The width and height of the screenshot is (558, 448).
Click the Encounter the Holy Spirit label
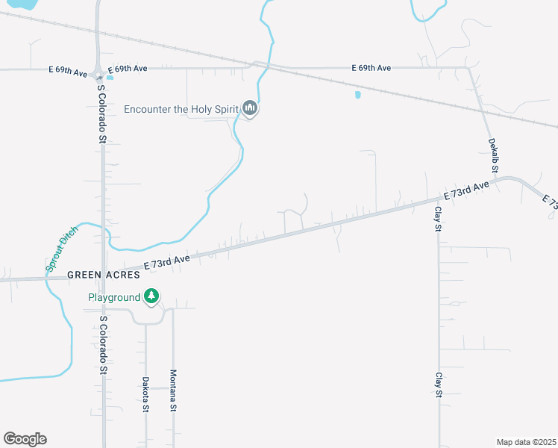181,110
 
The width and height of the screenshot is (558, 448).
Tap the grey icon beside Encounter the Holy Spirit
250,110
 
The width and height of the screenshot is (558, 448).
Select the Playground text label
114,297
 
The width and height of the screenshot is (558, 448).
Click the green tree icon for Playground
151,296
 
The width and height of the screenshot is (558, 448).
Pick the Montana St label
173,391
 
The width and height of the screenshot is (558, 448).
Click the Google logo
25,439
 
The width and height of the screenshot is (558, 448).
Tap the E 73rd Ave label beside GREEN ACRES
168,261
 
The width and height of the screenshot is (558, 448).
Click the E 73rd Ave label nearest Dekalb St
467,190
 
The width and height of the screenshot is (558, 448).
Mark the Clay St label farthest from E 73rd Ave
439,385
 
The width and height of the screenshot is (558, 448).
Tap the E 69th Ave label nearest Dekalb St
371,68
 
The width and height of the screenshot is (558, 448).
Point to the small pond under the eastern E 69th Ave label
358,95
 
